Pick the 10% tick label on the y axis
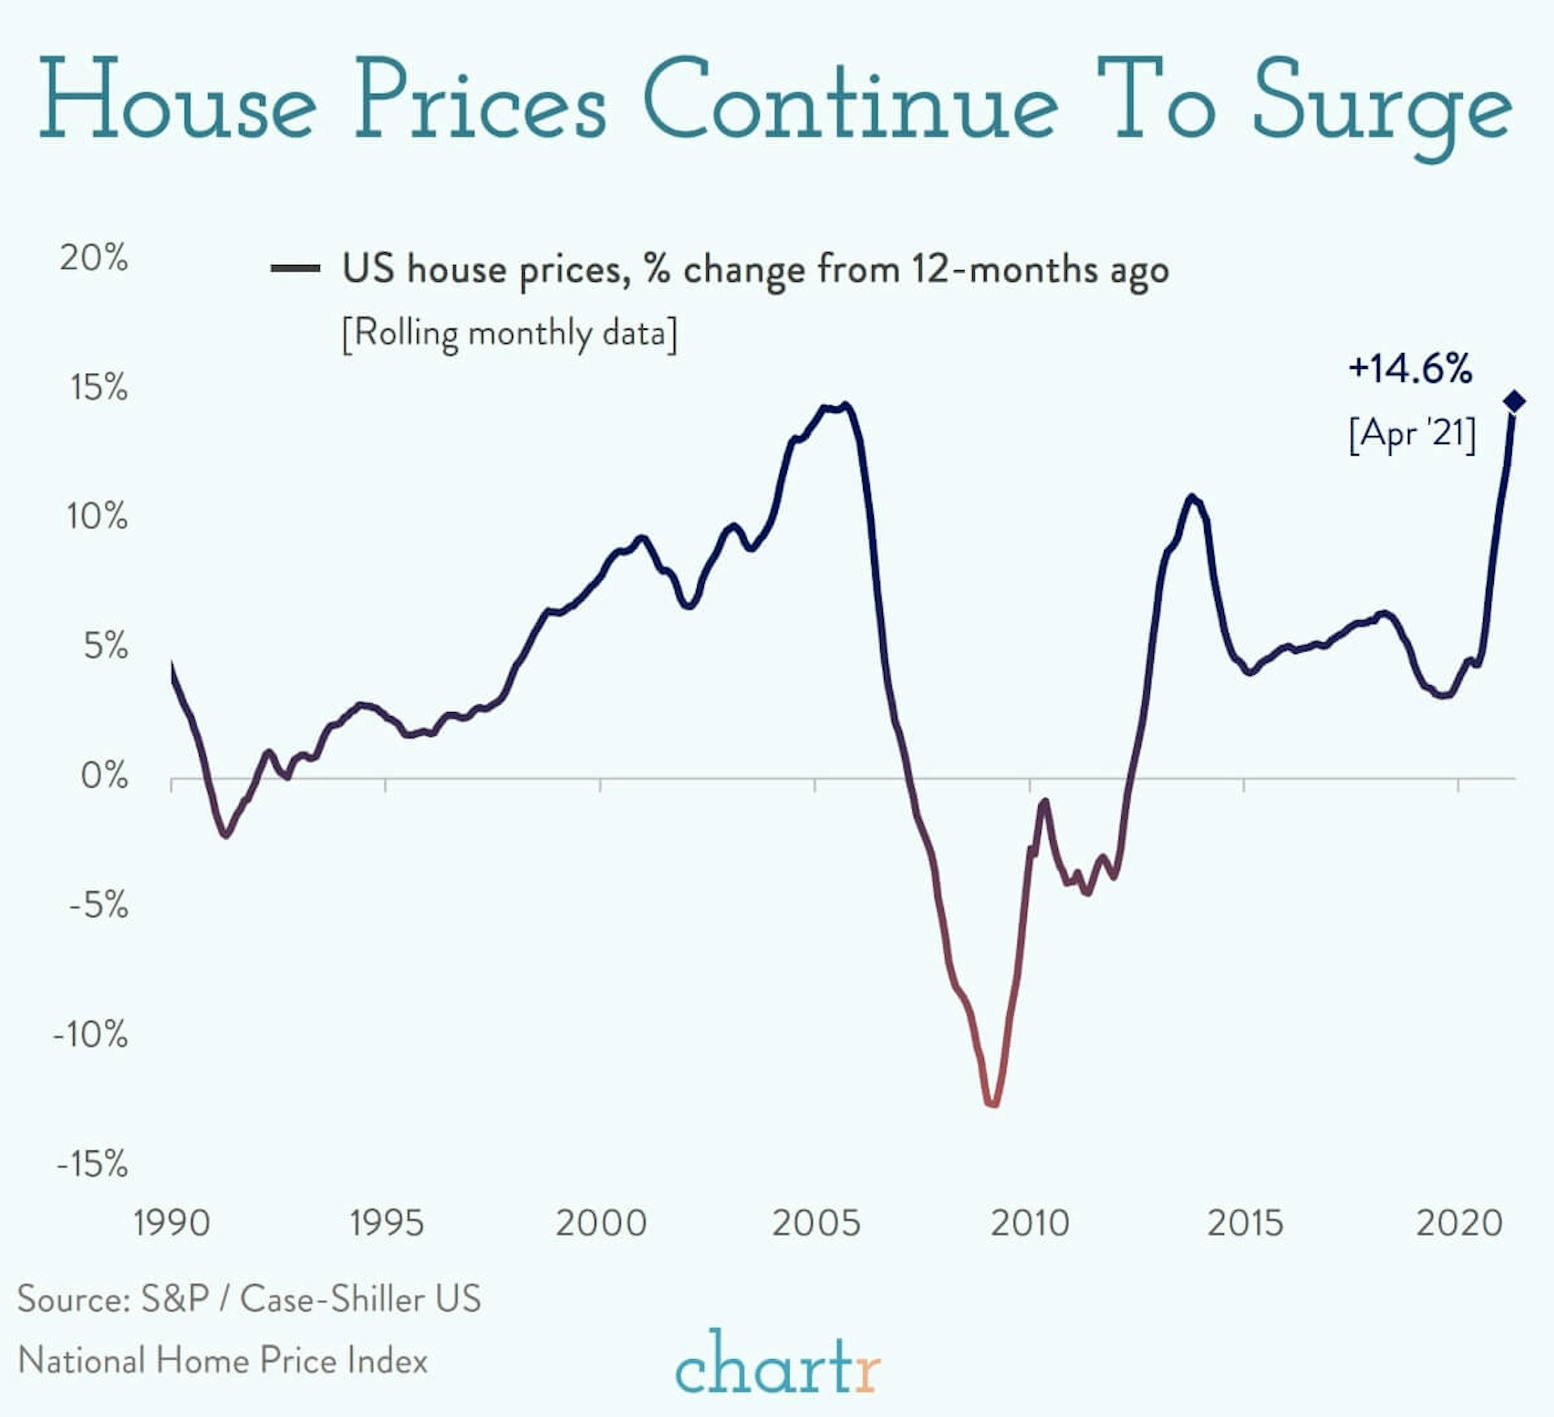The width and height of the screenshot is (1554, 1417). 96,516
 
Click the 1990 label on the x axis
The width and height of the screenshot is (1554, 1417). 171,1224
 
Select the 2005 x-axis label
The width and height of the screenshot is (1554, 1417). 815,1224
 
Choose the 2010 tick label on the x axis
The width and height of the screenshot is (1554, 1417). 1030,1224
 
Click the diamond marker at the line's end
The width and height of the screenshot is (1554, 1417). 1514,401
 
